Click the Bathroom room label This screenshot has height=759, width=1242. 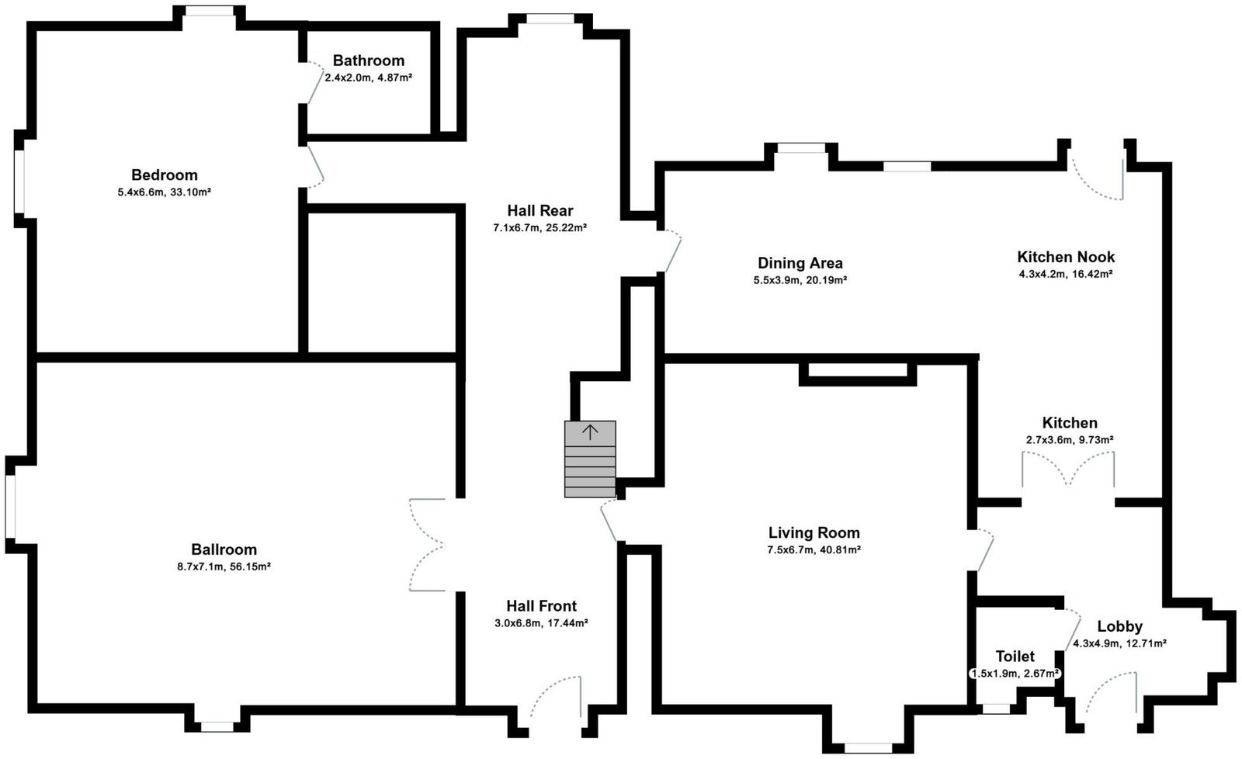[369, 61]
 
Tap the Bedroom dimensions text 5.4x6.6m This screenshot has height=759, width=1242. [141, 192]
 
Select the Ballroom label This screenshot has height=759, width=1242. [224, 549]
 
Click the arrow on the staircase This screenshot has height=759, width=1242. [590, 432]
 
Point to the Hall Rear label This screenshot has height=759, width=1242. [540, 210]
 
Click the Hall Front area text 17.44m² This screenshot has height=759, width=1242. [567, 622]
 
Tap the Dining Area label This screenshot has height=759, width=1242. [800, 263]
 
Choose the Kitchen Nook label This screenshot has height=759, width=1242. [1066, 257]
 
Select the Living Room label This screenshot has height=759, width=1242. [814, 533]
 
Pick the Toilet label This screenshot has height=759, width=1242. [1015, 657]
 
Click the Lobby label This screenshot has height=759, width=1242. [1120, 626]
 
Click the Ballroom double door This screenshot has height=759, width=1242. [428, 545]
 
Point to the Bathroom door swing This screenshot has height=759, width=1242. [315, 82]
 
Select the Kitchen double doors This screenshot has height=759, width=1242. [1068, 471]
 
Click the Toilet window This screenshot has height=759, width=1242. [996, 709]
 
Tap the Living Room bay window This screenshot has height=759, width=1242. [869, 747]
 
